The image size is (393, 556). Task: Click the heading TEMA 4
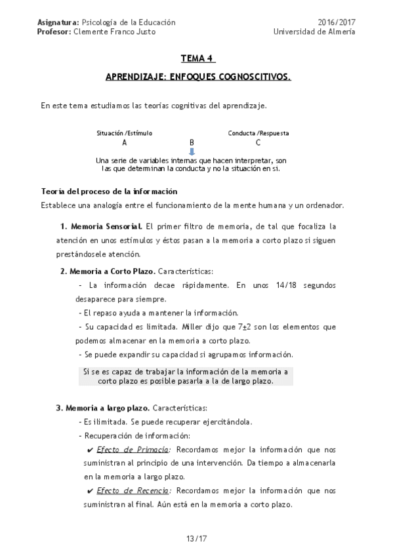point(197,57)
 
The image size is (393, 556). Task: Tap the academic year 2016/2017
point(337,22)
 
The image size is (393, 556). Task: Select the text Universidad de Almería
point(314,31)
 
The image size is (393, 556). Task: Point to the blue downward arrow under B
point(192,151)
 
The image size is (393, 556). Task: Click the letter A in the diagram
point(125,142)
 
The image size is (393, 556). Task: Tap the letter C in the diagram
point(258,142)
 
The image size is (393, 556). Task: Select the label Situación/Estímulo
point(125,133)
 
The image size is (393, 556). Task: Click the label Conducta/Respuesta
point(259,133)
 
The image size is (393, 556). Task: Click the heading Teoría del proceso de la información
point(109,191)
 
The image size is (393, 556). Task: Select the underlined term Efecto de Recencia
point(133,490)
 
